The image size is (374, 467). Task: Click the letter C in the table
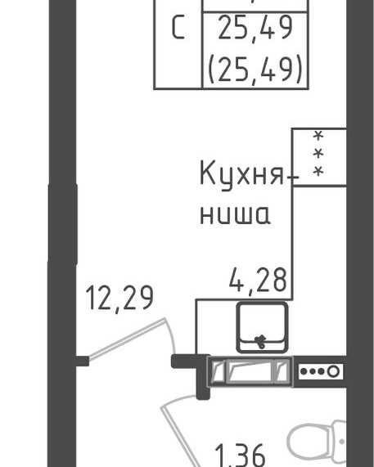tap(178, 28)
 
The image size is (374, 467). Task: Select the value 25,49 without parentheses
tap(255, 28)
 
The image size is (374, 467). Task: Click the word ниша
tap(235, 213)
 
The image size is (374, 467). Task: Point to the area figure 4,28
tap(258, 280)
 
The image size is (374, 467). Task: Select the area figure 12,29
tap(119, 299)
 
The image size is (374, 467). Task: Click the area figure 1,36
tap(240, 456)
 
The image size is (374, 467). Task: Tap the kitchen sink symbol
tap(262, 327)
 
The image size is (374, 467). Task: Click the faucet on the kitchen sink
tap(261, 341)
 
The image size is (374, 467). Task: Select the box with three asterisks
tap(319, 157)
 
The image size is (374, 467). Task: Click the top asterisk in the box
tap(318, 137)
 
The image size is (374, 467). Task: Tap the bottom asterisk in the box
tap(318, 171)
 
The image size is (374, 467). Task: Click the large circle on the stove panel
tap(333, 371)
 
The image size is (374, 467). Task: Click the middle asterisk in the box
tap(318, 154)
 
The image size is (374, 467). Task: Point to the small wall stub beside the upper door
tap(83, 361)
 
